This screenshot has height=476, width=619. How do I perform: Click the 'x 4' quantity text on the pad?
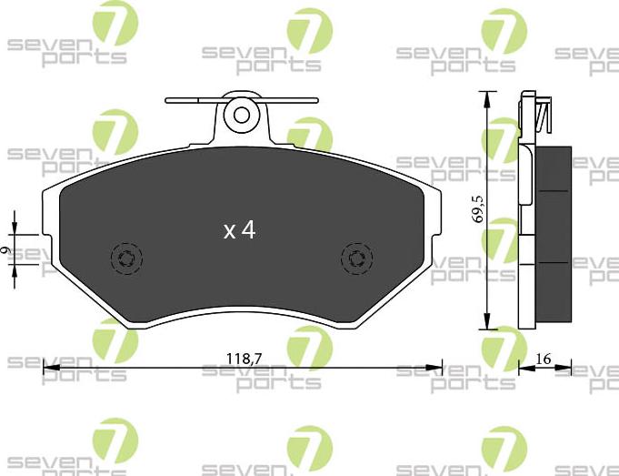[x=240, y=231]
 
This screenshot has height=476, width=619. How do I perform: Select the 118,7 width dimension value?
[x=244, y=359]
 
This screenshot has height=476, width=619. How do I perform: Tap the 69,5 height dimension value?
[x=476, y=209]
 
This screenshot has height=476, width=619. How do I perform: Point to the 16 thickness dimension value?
[x=544, y=359]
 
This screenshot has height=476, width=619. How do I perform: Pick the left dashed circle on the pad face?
[x=125, y=259]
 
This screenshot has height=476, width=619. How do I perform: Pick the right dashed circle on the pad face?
[x=356, y=259]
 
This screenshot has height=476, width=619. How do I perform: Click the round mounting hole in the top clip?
[x=242, y=115]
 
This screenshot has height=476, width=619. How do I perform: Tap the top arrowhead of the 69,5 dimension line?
[x=487, y=97]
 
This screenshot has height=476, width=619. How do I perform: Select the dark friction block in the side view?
[x=553, y=233]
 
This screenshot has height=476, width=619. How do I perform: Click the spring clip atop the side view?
[x=542, y=115]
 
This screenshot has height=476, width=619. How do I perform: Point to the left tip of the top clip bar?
[x=168, y=101]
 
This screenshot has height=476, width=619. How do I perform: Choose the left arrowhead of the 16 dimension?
[x=524, y=368]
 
